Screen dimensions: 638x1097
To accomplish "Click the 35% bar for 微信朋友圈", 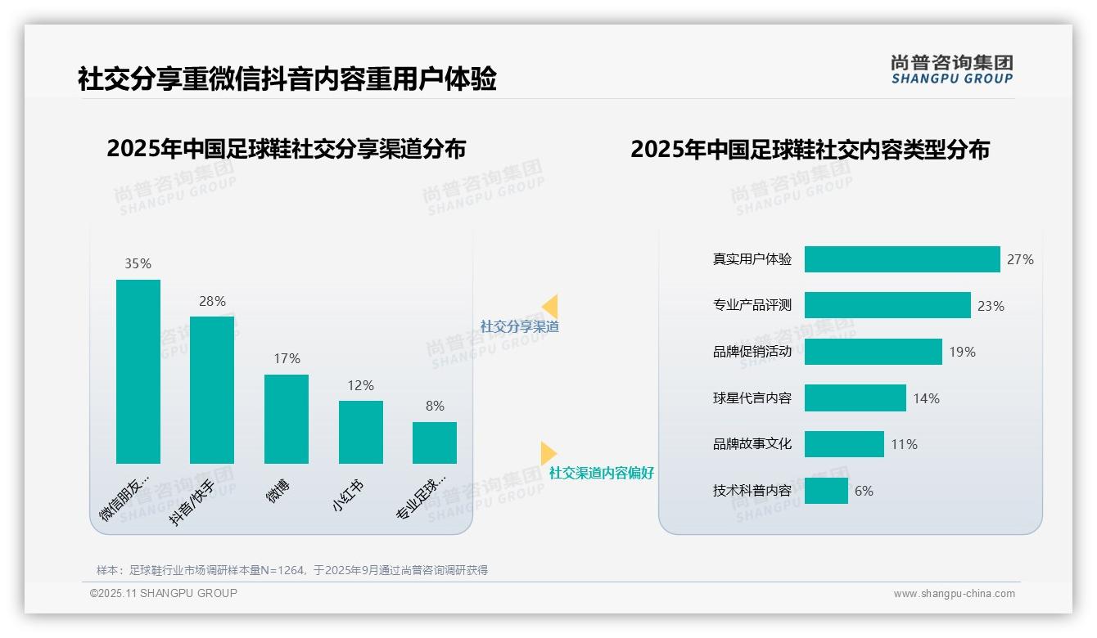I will click(x=138, y=371).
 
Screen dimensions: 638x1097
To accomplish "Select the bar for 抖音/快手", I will click(x=212, y=390).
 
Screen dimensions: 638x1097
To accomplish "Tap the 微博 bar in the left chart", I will click(x=287, y=419).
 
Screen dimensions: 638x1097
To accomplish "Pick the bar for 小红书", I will click(x=361, y=432).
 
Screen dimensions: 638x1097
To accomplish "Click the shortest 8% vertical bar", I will click(x=435, y=443).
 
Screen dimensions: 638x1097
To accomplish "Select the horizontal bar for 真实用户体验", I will click(x=902, y=259).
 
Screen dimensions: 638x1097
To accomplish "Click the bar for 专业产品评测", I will click(x=887, y=305).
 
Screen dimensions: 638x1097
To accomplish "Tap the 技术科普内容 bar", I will click(x=826, y=491).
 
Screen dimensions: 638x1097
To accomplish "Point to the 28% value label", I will click(x=212, y=301).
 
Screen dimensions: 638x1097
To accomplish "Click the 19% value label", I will click(x=962, y=352).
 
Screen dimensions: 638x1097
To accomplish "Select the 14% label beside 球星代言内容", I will click(x=926, y=398).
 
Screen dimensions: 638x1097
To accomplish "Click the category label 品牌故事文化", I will click(x=752, y=444).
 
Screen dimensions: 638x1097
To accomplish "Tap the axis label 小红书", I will click(x=348, y=495).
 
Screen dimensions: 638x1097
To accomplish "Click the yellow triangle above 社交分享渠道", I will click(x=550, y=307).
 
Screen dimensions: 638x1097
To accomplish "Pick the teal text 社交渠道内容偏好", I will click(x=601, y=473).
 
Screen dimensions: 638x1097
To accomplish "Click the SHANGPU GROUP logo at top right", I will click(x=951, y=70).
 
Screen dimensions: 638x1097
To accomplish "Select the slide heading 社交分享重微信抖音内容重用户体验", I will click(x=287, y=79).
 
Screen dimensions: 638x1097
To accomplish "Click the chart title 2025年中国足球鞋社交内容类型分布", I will click(x=810, y=150).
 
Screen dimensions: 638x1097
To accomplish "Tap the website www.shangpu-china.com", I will click(x=954, y=594).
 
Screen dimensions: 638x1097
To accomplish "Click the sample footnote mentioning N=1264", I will click(x=292, y=570).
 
